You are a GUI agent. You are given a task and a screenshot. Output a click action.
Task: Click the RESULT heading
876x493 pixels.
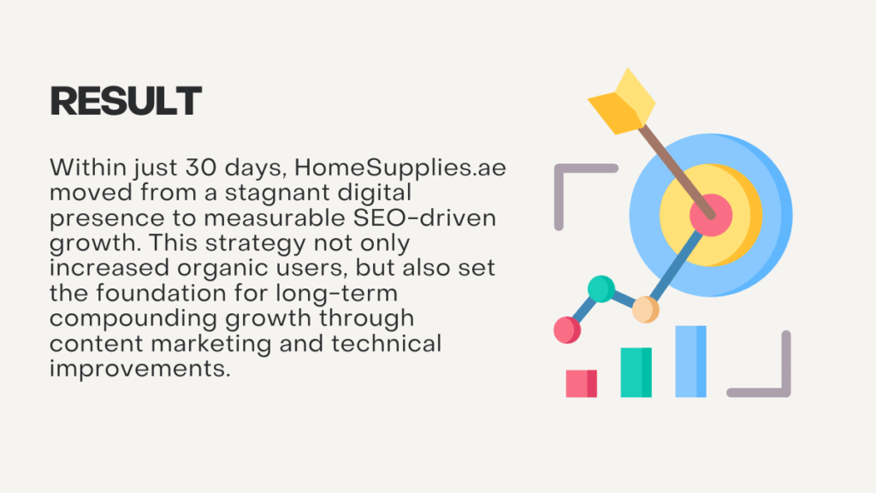126,101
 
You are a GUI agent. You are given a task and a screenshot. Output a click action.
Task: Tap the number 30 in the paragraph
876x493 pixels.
201,167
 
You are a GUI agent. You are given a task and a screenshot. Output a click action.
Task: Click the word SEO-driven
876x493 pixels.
424,217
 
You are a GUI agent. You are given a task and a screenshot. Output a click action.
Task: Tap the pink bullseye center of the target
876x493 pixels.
711,215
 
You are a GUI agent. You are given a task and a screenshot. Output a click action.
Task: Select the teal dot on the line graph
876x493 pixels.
601,289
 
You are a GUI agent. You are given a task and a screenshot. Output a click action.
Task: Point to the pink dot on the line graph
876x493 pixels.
567,330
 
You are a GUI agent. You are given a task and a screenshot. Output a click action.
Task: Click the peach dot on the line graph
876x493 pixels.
645,309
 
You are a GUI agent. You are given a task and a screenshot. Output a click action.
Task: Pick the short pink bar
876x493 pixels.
581,383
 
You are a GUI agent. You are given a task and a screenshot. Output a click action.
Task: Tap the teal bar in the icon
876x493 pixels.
636,372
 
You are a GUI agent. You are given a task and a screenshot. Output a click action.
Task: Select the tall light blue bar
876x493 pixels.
690,362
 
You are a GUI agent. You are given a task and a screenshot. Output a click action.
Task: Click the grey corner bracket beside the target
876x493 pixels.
559,169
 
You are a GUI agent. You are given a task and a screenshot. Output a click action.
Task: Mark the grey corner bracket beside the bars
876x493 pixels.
786,392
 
